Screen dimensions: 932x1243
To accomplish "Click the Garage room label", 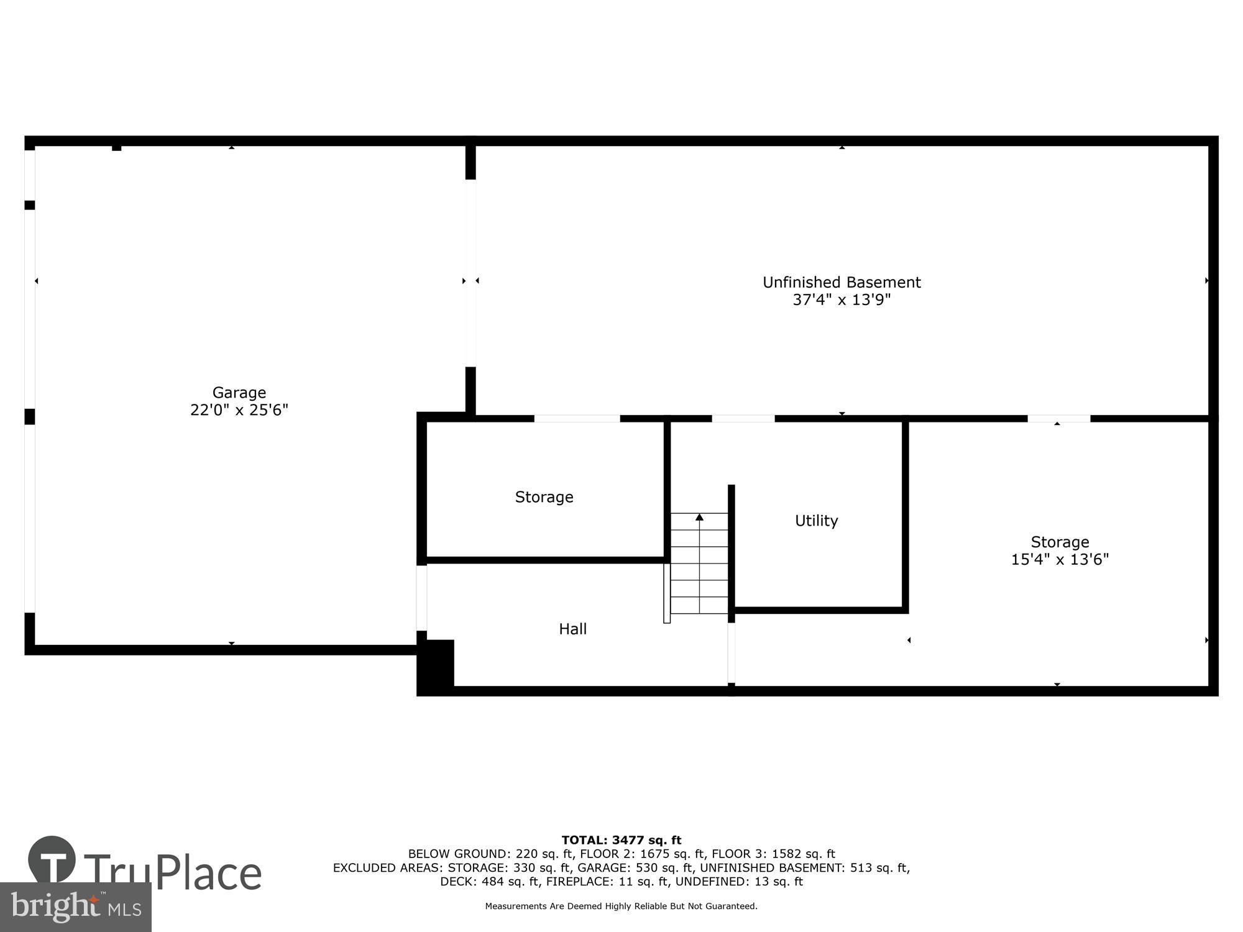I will pyautogui.click(x=239, y=392).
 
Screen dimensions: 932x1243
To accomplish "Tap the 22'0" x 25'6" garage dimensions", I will pyautogui.click(x=239, y=410).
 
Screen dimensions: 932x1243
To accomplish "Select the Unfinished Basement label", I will pyautogui.click(x=842, y=282).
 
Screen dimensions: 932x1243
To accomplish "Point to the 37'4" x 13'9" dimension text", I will pyautogui.click(x=842, y=300).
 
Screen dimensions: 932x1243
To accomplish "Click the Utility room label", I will pyautogui.click(x=816, y=521).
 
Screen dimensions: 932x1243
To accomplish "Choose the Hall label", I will pyautogui.click(x=572, y=629).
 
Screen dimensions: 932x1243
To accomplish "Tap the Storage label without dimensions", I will pyautogui.click(x=544, y=497).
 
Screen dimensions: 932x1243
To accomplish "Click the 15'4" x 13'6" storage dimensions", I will pyautogui.click(x=1060, y=560).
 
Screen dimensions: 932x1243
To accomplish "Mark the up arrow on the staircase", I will pyautogui.click(x=699, y=518).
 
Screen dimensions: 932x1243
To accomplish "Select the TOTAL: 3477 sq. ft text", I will pyautogui.click(x=621, y=840).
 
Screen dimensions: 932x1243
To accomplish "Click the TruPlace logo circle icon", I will pyautogui.click(x=52, y=859).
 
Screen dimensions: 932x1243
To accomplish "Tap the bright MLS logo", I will pyautogui.click(x=75, y=907).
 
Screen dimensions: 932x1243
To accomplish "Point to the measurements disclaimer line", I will pyautogui.click(x=621, y=906).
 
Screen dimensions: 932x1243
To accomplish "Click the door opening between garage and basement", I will pyautogui.click(x=470, y=273).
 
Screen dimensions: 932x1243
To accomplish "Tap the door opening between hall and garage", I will pyautogui.click(x=421, y=598).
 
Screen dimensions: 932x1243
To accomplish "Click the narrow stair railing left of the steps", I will pyautogui.click(x=667, y=593).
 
